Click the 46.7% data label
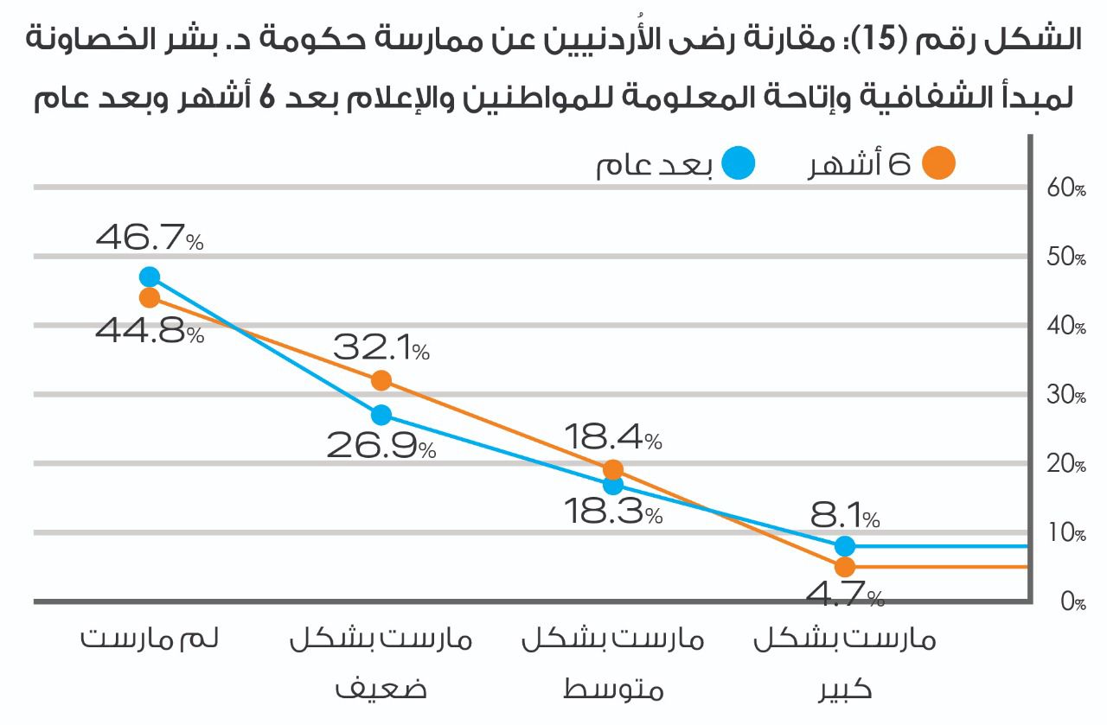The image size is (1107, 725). pos(150,238)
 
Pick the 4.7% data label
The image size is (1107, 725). pos(845,595)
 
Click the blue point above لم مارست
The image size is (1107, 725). pos(150,277)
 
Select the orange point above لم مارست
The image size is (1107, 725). pos(150,297)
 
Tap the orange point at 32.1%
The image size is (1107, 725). pos(381,380)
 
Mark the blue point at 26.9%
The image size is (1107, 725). pos(381,415)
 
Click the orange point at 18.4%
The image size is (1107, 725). pos(613,470)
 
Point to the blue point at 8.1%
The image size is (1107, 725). pos(845,546)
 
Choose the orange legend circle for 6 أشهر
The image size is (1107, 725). pos(938,163)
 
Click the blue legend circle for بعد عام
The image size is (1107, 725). pos(739,163)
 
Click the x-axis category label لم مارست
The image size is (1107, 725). pos(150,640)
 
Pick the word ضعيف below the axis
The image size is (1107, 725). pos(381,690)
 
